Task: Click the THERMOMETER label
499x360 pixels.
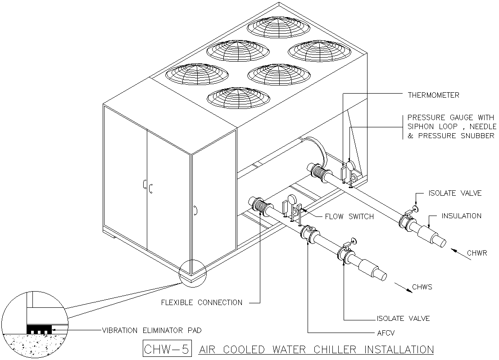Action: pos(433,95)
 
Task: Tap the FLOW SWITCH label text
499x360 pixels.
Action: pos(349,217)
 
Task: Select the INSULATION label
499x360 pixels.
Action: pos(461,216)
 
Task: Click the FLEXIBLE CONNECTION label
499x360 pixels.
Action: pos(201,302)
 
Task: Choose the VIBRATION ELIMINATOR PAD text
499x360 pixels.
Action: pos(152,330)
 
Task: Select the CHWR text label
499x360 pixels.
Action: pos(477,253)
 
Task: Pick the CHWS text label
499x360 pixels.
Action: pos(422,287)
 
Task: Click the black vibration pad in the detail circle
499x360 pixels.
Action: pos(39,330)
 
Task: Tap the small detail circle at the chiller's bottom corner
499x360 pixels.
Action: pos(192,273)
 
